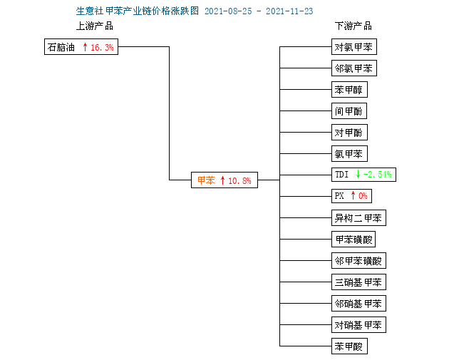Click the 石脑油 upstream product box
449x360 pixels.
pos(81,46)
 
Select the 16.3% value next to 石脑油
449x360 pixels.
pos(102,47)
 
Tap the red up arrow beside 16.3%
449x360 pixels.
pos(85,47)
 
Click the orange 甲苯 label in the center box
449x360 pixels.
pos(206,180)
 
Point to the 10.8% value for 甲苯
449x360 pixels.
pos(239,180)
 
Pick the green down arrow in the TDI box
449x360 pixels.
pos(358,174)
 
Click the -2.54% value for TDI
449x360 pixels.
pos(378,175)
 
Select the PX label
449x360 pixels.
pos(339,196)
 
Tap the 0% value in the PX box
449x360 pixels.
pos(363,196)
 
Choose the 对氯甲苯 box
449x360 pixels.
pos(354,46)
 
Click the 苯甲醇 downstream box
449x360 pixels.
pos(349,90)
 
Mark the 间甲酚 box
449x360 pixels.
pos(349,110)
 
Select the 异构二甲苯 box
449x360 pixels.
pos(358,218)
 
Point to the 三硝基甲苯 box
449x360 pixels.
pos(358,282)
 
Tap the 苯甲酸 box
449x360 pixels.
pos(349,346)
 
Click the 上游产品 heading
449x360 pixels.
pos(95,26)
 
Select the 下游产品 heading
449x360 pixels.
pos(353,26)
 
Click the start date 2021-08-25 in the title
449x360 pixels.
pos(228,11)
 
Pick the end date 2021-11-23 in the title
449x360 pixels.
pos(289,11)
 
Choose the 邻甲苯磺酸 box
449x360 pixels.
pos(358,261)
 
